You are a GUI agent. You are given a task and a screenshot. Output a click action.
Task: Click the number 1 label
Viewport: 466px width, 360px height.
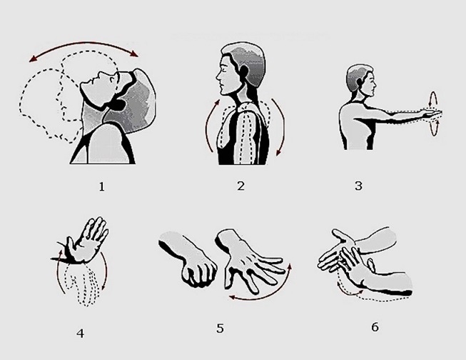coord(102,187)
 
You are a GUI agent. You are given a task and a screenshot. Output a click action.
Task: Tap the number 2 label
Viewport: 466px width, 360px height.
coord(240,187)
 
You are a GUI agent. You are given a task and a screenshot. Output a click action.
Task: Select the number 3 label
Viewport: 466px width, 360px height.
coord(358,187)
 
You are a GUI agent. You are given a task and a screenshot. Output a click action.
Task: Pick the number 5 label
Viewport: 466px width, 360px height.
coord(221,329)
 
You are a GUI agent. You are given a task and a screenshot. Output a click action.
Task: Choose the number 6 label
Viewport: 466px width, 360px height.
coord(375,328)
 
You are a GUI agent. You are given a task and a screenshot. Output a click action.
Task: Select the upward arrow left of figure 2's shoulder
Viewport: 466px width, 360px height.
coord(210,126)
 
